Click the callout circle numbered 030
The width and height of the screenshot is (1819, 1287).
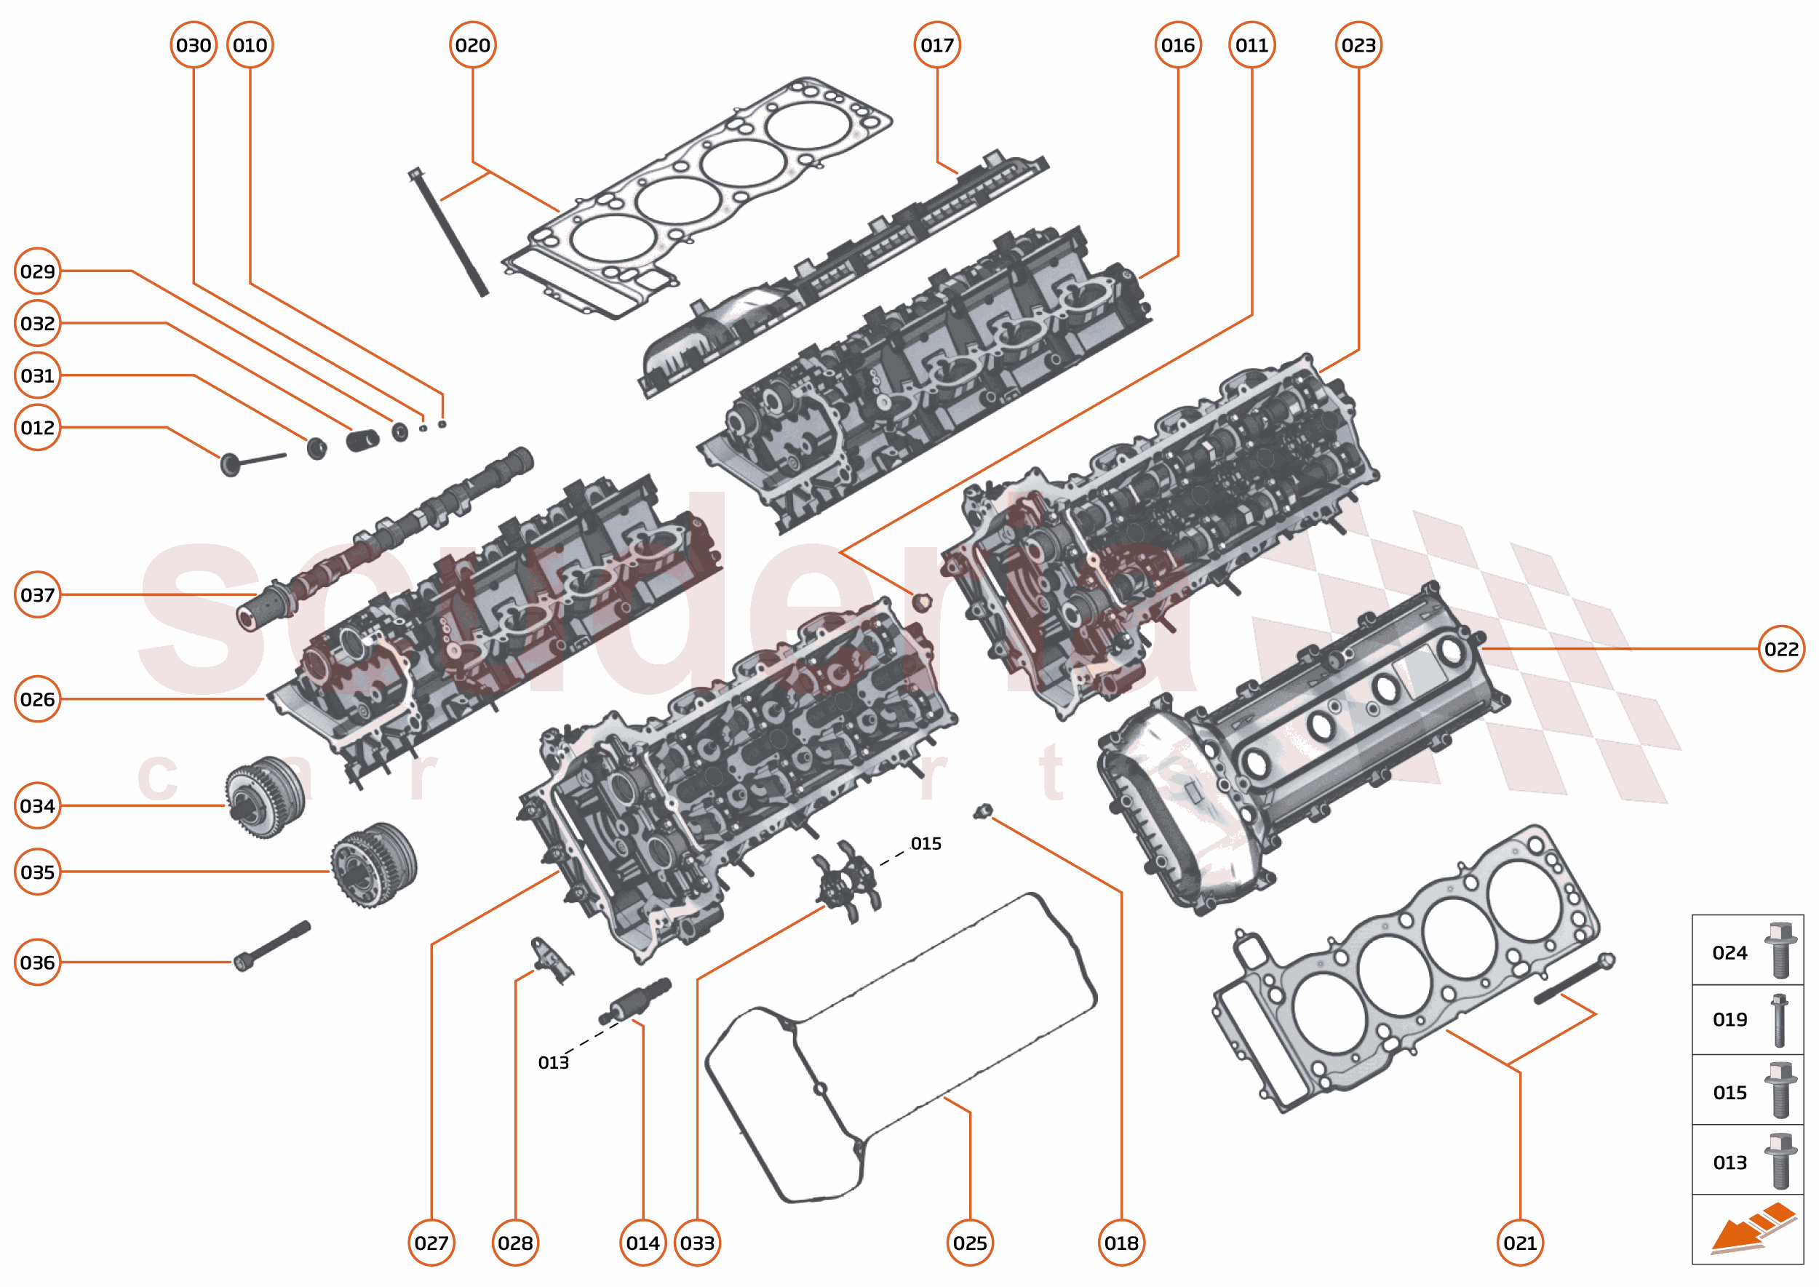(194, 45)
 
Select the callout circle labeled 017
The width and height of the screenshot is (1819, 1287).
(937, 45)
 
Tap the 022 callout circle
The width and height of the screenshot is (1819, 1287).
(1781, 649)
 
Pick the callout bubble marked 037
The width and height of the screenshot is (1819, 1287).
(37, 594)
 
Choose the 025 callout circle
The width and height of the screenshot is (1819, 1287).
(970, 1243)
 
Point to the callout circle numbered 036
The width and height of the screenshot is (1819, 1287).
(37, 962)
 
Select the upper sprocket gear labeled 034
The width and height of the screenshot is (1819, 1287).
(264, 797)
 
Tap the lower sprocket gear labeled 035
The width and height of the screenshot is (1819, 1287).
(373, 864)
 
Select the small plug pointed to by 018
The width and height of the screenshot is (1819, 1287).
(983, 811)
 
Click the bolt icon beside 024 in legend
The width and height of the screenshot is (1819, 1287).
(1780, 951)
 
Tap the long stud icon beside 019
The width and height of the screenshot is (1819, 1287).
(1780, 1020)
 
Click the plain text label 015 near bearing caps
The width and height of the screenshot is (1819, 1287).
(926, 843)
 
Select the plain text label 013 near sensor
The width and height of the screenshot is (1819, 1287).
(553, 1063)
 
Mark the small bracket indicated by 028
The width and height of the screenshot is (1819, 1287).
(551, 960)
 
